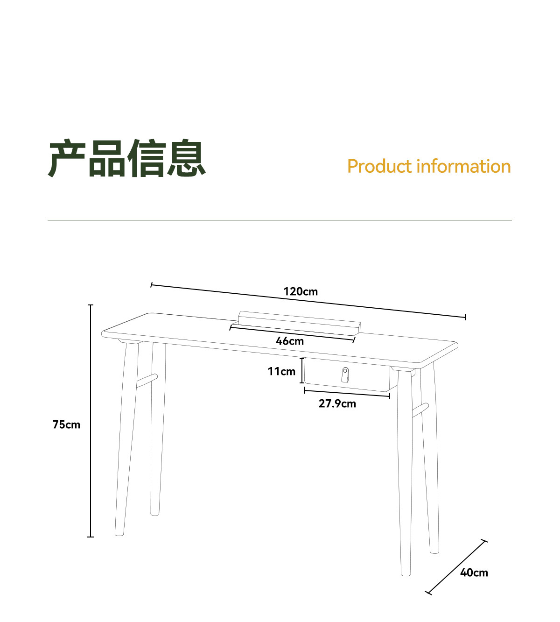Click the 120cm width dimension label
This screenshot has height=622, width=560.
pyautogui.click(x=301, y=291)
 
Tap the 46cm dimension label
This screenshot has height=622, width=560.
pyautogui.click(x=290, y=341)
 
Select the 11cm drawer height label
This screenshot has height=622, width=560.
pyautogui.click(x=281, y=371)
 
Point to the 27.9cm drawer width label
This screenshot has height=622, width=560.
pyautogui.click(x=337, y=403)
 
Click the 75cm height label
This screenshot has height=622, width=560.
pyautogui.click(x=66, y=424)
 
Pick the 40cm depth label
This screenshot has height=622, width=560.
pyautogui.click(x=474, y=573)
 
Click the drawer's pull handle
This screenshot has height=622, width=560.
pyautogui.click(x=345, y=375)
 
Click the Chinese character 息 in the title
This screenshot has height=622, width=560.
pyautogui.click(x=187, y=158)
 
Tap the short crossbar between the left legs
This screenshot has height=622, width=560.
pyautogui.click(x=147, y=381)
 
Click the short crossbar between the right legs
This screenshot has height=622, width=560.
pyautogui.click(x=420, y=410)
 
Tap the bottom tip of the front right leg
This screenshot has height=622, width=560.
pyautogui.click(x=406, y=573)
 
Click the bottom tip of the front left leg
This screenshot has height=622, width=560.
pyautogui.click(x=119, y=533)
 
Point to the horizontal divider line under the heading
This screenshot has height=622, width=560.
pyautogui.click(x=280, y=220)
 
